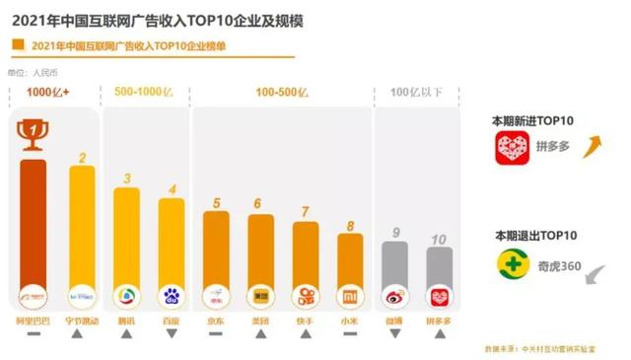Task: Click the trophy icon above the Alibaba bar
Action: point(33,134)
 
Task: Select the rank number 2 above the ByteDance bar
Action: point(82,157)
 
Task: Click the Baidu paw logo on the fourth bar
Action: point(172,295)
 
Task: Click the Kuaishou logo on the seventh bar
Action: point(306,295)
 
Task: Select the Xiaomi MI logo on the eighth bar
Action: point(350,295)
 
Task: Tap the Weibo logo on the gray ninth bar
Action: point(394,295)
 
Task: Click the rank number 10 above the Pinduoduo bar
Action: point(439,238)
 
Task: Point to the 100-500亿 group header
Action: point(282,92)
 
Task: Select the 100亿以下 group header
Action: point(414,92)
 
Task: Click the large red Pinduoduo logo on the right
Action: point(513,148)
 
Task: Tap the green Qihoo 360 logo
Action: point(513,264)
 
